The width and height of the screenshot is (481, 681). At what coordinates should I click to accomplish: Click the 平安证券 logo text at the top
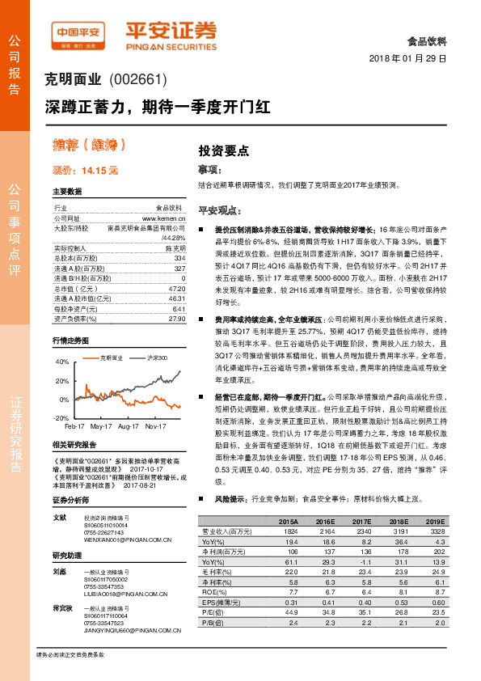[x=171, y=31]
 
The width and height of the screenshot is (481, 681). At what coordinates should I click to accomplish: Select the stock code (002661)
[x=137, y=79]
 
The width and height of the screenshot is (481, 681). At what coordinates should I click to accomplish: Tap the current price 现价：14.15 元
[x=85, y=171]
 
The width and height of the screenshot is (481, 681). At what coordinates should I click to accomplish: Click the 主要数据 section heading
[x=66, y=192]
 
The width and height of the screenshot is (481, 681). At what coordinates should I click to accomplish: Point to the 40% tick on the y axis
[x=62, y=362]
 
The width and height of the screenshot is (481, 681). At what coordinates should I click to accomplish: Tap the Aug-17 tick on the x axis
[x=129, y=425]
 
